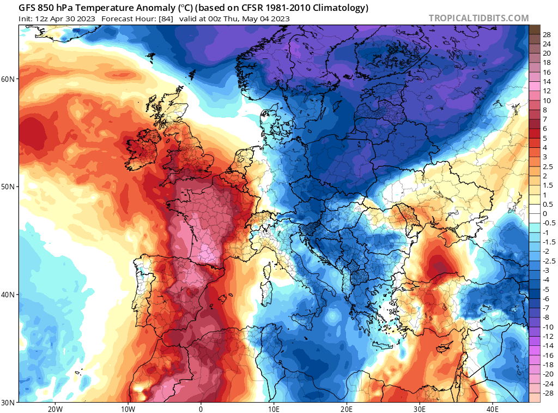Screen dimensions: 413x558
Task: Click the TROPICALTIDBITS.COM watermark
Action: tap(478, 18)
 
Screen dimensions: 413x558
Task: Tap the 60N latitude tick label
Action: tap(8, 79)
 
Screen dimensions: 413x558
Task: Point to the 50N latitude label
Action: tap(8, 187)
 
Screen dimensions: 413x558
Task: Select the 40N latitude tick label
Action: tap(8, 295)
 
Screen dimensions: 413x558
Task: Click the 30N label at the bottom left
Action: tap(8, 403)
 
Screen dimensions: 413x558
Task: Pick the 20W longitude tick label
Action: tap(54, 409)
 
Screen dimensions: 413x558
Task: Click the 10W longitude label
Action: tap(128, 409)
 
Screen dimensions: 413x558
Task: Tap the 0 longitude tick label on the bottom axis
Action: tap(201, 409)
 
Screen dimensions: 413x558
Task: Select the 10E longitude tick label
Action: tap(274, 409)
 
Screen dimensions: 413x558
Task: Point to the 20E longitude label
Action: tap(347, 409)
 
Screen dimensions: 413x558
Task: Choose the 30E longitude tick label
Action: tap(420, 409)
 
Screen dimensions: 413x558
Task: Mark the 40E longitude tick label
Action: tap(493, 409)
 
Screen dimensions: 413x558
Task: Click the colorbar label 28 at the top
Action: tap(547, 34)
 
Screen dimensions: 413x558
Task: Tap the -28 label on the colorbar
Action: tap(547, 393)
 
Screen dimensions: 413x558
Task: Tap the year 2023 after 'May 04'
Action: tap(280, 19)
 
